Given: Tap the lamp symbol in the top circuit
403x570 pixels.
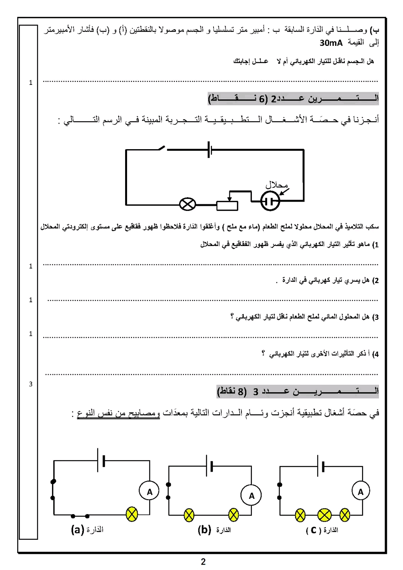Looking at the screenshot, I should pyautogui.click(x=188, y=204).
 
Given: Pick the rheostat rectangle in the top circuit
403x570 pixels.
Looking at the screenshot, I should pyautogui.click(x=227, y=205).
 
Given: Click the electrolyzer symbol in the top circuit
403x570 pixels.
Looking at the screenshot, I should pyautogui.click(x=270, y=200).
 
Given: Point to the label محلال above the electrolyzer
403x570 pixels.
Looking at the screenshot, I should pyautogui.click(x=277, y=185).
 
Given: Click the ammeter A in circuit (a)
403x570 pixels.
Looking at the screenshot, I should pyautogui.click(x=150, y=492).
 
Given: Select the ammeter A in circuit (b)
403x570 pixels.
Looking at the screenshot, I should pyautogui.click(x=251, y=496).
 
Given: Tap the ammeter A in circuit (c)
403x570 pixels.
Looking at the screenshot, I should pyautogui.click(x=361, y=492).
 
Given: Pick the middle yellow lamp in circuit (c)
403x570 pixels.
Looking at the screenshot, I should pyautogui.click(x=324, y=515).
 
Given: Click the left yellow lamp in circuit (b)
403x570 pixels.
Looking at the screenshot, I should pyautogui.click(x=189, y=515).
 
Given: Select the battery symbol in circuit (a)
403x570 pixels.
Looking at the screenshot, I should pyautogui.click(x=101, y=460).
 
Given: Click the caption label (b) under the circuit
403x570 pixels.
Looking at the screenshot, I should pyautogui.click(x=204, y=530).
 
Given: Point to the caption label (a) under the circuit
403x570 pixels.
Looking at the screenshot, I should pyautogui.click(x=77, y=530).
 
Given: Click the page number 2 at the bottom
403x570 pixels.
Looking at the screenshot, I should pyautogui.click(x=203, y=562).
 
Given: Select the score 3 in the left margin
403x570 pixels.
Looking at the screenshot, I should pyautogui.click(x=31, y=384).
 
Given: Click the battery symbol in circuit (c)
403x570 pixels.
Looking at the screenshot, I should pyautogui.click(x=321, y=466).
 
